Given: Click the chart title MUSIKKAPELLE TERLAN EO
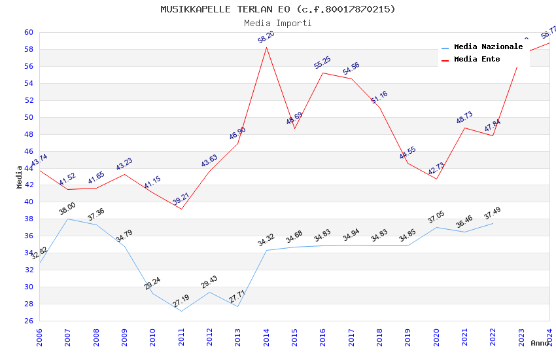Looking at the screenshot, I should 277,9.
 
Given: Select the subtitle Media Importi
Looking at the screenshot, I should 277,23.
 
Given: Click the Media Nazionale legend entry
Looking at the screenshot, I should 488,47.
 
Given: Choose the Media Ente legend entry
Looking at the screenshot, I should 477,59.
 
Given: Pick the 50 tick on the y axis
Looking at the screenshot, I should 29,117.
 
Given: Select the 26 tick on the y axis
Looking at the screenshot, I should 29,321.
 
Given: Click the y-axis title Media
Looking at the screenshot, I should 20,177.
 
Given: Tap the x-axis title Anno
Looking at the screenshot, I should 540,343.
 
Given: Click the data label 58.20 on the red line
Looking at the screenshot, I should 266,37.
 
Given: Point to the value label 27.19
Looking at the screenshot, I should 181,301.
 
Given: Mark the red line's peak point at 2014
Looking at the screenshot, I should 266,46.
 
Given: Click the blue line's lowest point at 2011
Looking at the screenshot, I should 181,311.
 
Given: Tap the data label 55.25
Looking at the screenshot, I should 322,62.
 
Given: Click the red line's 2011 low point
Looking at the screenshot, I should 181,209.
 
